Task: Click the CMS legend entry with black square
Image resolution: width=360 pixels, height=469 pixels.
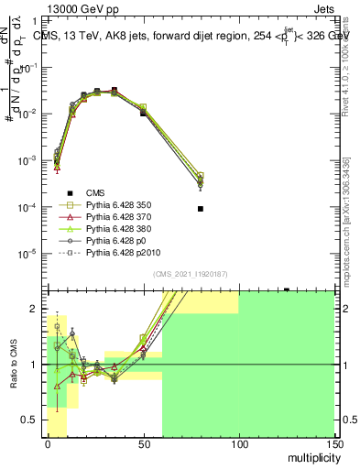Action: click(x=95, y=191)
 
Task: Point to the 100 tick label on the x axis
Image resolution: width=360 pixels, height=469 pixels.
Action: click(x=239, y=444)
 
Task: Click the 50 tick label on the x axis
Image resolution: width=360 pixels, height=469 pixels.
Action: click(x=143, y=444)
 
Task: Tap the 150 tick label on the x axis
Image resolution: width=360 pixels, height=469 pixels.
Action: click(x=334, y=444)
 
